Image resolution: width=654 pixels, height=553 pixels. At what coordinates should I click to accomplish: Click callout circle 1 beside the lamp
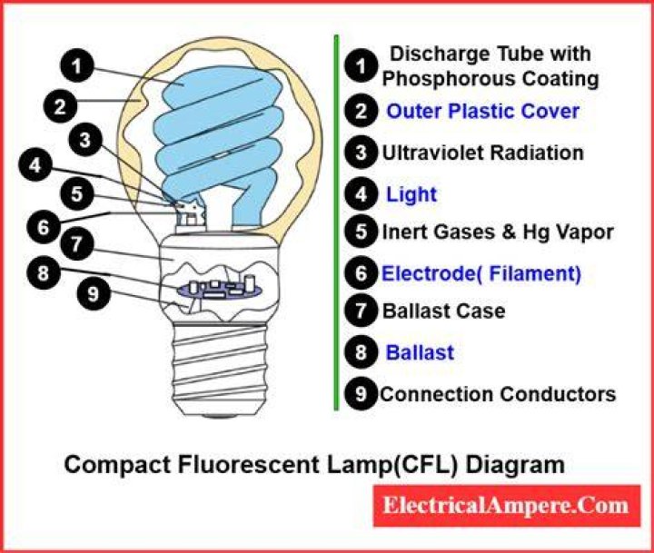pos(76,66)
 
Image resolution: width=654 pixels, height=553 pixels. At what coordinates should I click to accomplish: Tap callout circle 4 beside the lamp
pos(35,165)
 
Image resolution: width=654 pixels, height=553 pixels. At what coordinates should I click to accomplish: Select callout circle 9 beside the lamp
pos(94,293)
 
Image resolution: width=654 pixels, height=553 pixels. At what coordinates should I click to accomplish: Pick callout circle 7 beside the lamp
pos(76,243)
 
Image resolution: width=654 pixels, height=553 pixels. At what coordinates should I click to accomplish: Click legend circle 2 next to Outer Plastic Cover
pos(362,111)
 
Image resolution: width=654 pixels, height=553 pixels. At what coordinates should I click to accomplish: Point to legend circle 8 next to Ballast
pos(362,352)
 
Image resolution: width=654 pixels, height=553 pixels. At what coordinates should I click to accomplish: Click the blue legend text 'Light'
pos(411,194)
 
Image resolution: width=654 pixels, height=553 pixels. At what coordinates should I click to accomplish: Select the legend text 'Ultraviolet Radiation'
pos(483,153)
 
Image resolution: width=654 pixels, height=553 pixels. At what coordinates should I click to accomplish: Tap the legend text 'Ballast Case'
pos(444,311)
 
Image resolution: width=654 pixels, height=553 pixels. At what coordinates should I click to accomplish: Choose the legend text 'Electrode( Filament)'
pos(481,273)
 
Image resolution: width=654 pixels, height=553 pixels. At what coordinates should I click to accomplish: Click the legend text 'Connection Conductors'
pos(498,394)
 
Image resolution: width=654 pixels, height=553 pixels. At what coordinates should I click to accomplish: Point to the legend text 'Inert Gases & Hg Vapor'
pos(498,232)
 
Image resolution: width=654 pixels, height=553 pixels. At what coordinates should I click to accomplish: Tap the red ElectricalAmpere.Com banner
pos(506,506)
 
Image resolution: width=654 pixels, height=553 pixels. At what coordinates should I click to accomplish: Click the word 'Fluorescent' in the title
pos(249,465)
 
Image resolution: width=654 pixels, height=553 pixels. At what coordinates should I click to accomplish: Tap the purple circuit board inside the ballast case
pos(219,289)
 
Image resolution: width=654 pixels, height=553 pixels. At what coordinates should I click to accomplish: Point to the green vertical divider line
pos(337,222)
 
